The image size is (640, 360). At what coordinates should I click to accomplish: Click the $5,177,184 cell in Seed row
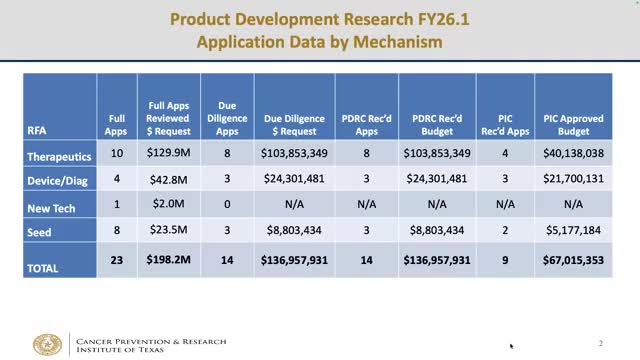[573, 231]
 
